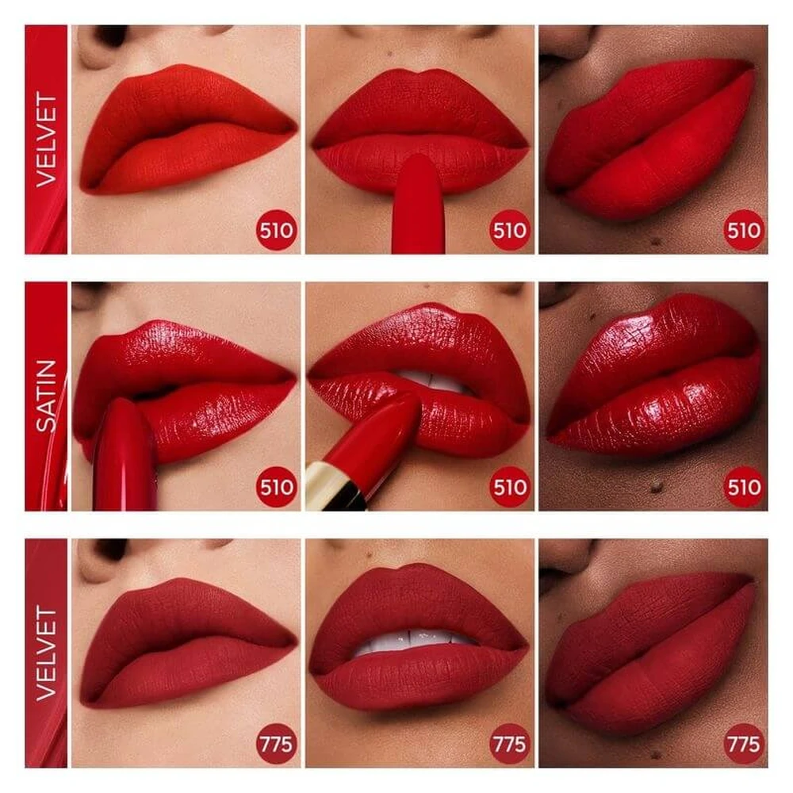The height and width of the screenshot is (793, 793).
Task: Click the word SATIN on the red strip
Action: point(46,396)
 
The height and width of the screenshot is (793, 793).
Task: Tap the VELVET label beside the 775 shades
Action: point(46,653)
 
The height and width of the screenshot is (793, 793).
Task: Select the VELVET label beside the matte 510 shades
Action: point(46,140)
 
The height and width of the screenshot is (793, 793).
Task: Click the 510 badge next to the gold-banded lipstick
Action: point(510,488)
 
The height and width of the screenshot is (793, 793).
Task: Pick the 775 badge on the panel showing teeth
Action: point(510,744)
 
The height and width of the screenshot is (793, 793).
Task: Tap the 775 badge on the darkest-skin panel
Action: point(744,744)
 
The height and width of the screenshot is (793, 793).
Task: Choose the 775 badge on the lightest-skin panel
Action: point(276,744)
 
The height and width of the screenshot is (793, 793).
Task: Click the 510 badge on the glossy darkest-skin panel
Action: point(744,488)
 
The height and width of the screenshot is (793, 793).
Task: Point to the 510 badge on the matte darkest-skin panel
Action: point(744,231)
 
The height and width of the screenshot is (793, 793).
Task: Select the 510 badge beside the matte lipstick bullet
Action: point(510,231)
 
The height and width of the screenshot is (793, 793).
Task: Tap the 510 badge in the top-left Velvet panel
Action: point(276,231)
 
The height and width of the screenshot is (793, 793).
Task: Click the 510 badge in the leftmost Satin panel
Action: point(276,488)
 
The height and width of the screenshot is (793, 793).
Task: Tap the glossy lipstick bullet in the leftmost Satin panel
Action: point(125,455)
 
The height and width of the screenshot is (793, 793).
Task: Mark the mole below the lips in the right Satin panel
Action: point(656,487)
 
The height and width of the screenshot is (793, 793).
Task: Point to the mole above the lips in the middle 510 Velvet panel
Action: point(389,53)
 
